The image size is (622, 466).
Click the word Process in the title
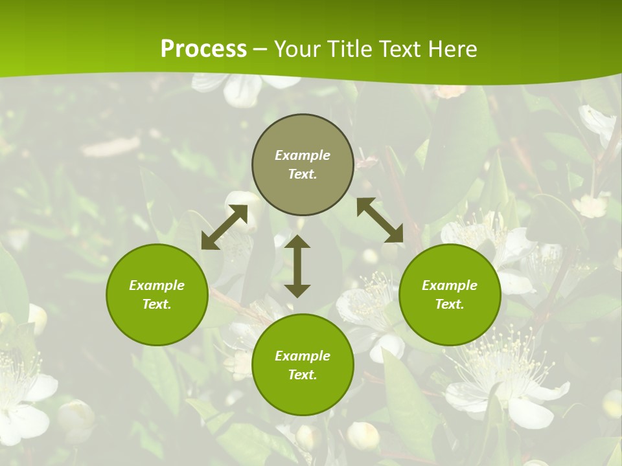tap(203, 49)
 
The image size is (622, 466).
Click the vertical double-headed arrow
tap(297, 266)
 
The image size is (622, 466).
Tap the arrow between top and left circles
tap(224, 227)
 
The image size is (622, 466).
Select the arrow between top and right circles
tap(380, 220)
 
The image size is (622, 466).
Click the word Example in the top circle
tap(303, 155)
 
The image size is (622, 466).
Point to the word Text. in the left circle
tap(157, 304)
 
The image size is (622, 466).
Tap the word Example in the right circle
tap(450, 285)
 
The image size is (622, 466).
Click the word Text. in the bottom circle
tap(303, 375)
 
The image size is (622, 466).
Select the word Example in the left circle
tap(157, 285)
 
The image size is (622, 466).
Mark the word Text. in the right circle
tap(450, 304)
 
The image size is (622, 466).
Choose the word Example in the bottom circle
tap(303, 356)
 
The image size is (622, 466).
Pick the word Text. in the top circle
tap(303, 174)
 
